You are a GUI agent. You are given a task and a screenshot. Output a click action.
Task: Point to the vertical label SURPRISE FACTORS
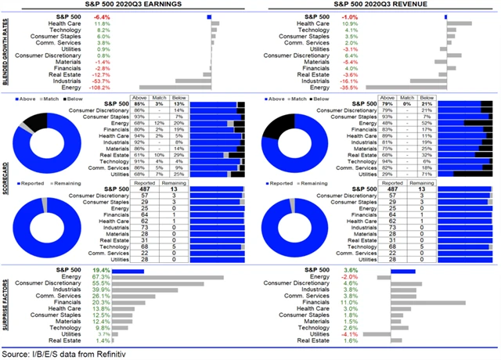coord(6,305)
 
